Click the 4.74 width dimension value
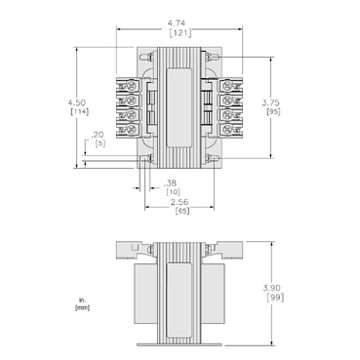coord(177,23)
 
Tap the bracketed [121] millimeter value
coord(180,33)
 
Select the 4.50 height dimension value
coord(77,102)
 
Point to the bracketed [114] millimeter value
coord(79,112)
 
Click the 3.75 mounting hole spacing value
coord(270,102)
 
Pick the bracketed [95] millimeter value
coord(273,112)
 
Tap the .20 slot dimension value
coord(98,135)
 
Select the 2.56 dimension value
coord(180,202)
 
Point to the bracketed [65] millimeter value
coord(182,211)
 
